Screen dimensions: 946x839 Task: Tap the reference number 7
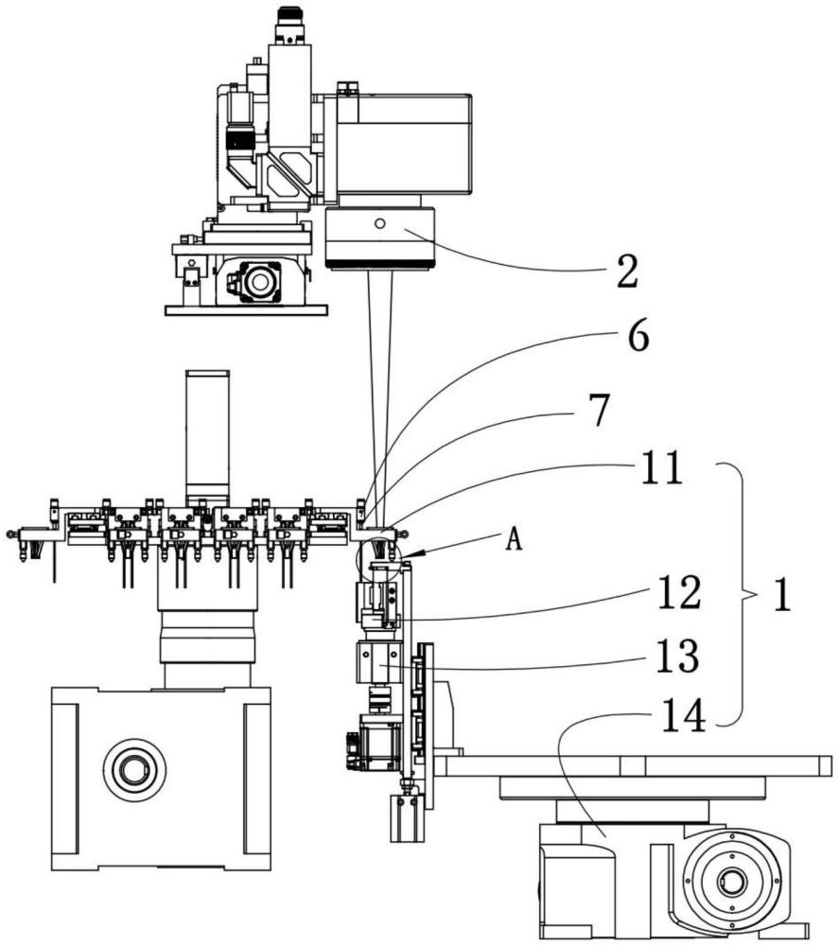[x=598, y=411]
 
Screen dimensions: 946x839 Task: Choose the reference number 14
[x=683, y=717]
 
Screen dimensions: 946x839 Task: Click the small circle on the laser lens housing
[x=378, y=224]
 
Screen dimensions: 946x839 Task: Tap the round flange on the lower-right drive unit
[x=731, y=882]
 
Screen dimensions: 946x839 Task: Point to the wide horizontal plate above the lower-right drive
[x=634, y=765]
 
